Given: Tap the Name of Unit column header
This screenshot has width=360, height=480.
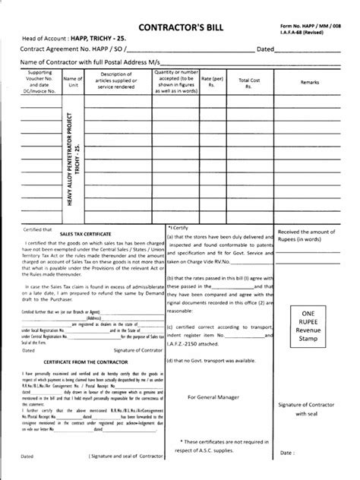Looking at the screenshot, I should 73,82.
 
